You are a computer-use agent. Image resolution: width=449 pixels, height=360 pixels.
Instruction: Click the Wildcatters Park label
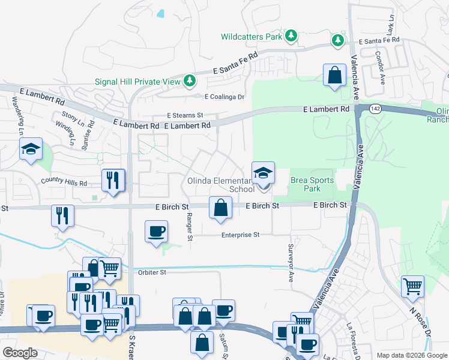(251, 37)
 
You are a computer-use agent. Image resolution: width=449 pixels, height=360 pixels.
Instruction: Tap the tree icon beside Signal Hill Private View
(190, 80)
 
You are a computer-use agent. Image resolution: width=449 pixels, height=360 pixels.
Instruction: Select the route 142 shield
(376, 108)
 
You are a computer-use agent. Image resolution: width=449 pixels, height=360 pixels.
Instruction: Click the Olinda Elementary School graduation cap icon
(263, 174)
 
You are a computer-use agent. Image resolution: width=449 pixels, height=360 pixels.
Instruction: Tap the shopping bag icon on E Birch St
(220, 208)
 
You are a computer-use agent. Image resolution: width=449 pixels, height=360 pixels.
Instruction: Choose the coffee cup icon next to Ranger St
(157, 231)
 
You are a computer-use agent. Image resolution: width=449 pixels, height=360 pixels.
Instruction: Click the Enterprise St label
(240, 235)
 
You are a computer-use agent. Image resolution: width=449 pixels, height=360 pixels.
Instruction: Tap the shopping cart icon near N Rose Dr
(412, 286)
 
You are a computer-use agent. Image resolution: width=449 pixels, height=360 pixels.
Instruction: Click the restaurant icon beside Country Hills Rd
(113, 179)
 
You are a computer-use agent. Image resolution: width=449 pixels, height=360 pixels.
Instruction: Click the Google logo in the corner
(20, 353)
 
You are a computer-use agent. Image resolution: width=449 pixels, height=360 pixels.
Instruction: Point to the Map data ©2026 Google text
(411, 355)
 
